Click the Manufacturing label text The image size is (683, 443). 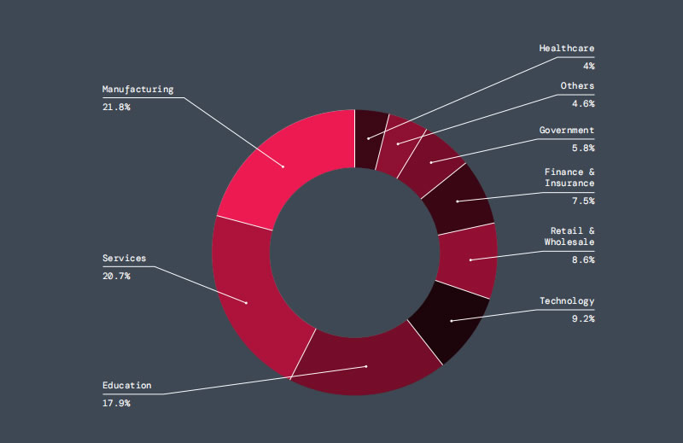coord(137,89)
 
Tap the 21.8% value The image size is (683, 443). coord(116,107)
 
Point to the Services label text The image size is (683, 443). coord(124,258)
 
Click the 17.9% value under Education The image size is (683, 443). coord(116,403)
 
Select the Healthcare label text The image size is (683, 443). coord(566,48)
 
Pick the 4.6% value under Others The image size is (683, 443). coord(582,103)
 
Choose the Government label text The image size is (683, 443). coord(566,131)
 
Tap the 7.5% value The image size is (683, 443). coord(582,201)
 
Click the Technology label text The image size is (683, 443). coord(566,301)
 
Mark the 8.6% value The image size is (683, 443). coord(582,259)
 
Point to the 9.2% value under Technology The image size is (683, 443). coord(582,318)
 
